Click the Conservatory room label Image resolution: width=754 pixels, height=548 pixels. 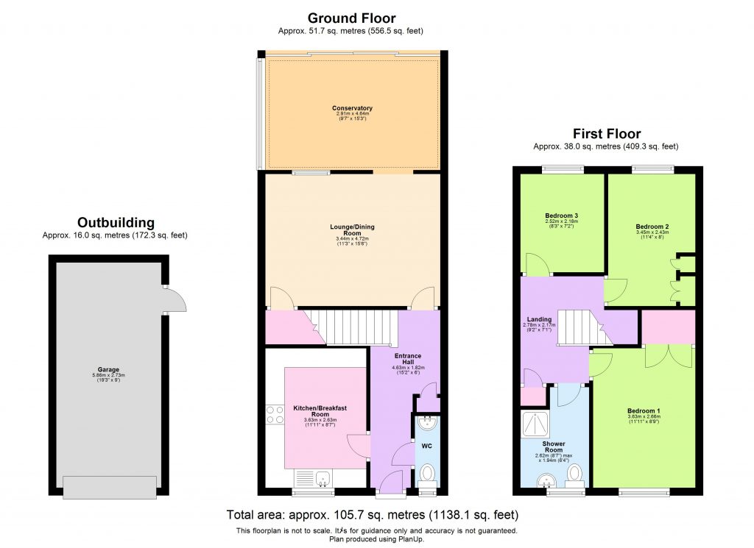[x=352, y=108]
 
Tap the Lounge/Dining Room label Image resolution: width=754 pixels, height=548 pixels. [x=352, y=229]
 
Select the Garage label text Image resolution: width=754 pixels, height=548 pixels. [x=108, y=370]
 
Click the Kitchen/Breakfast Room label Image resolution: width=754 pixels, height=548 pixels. [x=325, y=411]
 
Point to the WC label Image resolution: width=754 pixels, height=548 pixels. [x=426, y=446]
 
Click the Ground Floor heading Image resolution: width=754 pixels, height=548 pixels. [x=351, y=18]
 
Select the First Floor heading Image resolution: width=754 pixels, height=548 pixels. [x=606, y=134]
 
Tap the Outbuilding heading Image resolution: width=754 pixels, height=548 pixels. [x=116, y=222]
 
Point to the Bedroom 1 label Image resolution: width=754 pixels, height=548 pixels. [x=643, y=410]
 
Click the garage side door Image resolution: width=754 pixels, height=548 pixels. [x=175, y=300]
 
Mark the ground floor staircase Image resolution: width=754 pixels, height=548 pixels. [x=352, y=327]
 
